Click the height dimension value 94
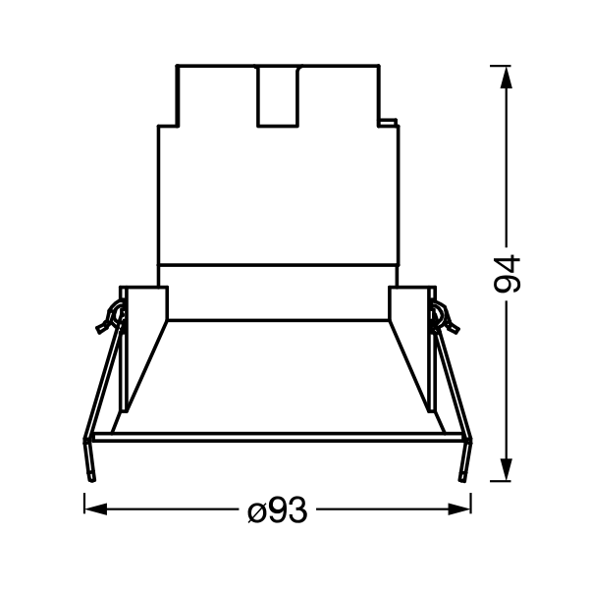507,274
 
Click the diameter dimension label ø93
278,509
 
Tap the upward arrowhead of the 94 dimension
507,77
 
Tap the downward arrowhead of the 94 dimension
507,469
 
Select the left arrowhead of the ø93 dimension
96,509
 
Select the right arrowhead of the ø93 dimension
459,509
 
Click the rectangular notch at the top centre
278,96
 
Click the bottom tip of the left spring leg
91,480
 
